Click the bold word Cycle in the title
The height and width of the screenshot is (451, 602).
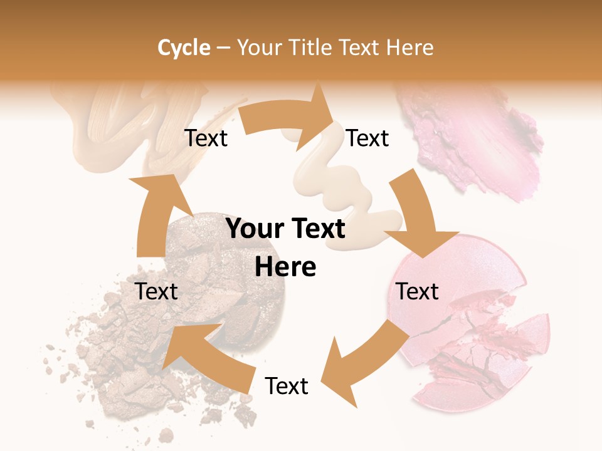tap(184, 48)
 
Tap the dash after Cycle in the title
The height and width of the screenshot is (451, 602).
tap(223, 48)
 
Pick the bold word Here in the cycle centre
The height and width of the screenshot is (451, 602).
tap(285, 267)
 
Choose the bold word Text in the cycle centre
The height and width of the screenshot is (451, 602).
tap(315, 229)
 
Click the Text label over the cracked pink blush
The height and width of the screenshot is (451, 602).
tap(417, 291)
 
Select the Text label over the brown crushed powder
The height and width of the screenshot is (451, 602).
tap(157, 291)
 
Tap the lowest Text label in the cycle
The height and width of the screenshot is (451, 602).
tap(287, 386)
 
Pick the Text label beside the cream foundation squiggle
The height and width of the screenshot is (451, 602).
tap(367, 138)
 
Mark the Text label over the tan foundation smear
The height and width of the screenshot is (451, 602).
tap(206, 138)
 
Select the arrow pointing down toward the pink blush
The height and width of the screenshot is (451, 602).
tap(417, 219)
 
